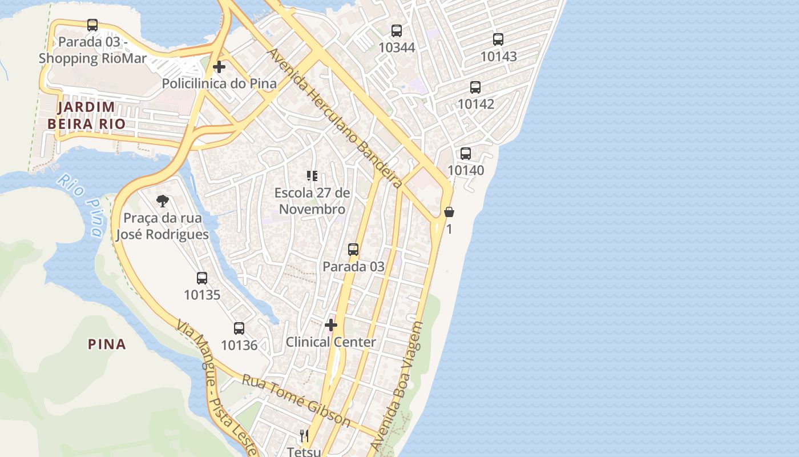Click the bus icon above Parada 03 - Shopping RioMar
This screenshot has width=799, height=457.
coord(92,25)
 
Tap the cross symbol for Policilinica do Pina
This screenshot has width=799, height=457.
coord(219,67)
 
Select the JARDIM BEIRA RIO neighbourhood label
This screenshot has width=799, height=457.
coord(86,115)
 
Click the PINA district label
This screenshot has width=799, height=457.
coord(107,344)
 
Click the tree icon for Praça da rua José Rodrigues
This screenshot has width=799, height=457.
coord(163,201)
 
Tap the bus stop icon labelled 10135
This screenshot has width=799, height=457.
coord(202,278)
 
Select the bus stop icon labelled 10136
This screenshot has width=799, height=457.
coord(239,328)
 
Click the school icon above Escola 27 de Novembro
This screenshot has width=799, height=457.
coord(312,176)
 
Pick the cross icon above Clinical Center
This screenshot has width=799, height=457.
coord(331,325)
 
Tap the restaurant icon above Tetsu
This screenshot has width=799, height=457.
coord(304,435)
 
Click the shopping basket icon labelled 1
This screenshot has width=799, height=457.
coord(449,212)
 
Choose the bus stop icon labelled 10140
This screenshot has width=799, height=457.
coord(466,154)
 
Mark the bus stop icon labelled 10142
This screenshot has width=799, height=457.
coord(475,87)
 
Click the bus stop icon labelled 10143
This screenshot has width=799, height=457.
coord(498,39)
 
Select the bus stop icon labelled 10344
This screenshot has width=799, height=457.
coord(397,31)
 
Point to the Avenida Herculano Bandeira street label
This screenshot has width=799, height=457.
coord(335,118)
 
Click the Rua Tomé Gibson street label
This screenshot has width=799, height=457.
coord(296,400)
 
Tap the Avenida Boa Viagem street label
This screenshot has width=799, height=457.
coord(397,386)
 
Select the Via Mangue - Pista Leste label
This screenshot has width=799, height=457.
coord(216,387)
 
